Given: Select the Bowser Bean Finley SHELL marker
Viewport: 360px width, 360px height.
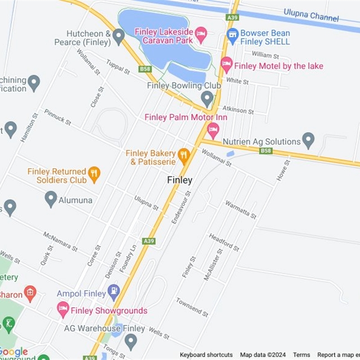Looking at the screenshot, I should pos(232,36).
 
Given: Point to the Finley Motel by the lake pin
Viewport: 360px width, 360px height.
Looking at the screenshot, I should pos(226,64).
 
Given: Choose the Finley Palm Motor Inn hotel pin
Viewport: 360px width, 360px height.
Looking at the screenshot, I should pos(213,130).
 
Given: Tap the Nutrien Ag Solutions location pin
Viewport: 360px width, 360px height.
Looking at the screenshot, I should pos(308,140).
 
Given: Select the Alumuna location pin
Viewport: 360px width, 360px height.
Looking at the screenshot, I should pos(51,198).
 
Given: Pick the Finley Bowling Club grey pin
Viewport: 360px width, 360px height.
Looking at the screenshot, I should pos(207,98).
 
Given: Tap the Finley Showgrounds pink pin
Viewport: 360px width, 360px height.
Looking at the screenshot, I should pos(63,309).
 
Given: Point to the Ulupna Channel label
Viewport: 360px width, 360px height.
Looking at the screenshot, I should pos(311,15).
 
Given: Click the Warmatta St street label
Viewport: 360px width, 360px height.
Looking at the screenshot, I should pos(241,210).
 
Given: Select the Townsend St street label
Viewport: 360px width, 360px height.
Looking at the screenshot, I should pos(192,307).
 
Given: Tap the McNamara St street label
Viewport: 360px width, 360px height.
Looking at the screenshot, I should pos(60,242).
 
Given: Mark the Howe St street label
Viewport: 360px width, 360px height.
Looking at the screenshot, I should pos(283,171).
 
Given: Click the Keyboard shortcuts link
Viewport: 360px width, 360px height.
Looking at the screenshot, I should pos(206,355).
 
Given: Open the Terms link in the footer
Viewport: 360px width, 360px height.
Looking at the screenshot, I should pos(302,355).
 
